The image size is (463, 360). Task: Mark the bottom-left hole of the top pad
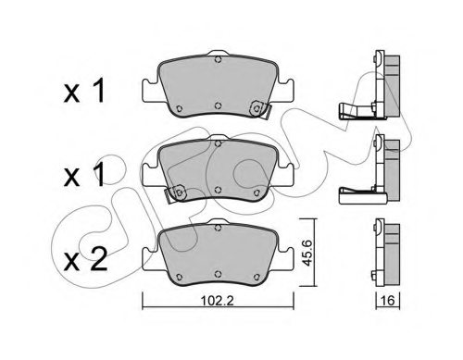175,104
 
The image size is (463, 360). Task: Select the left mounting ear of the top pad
148,93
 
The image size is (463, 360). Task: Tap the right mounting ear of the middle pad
283,175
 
